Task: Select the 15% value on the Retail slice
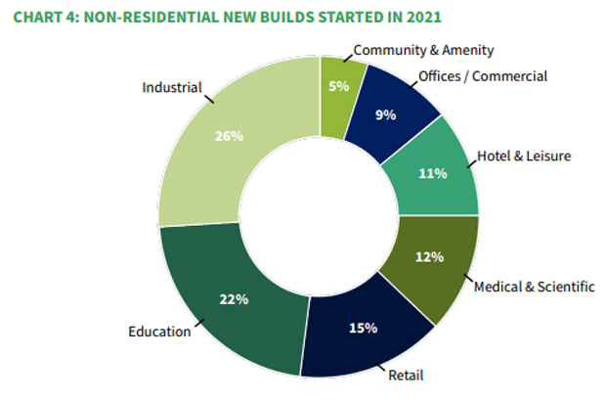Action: click(x=363, y=328)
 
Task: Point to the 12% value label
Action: click(x=430, y=257)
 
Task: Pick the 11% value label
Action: click(x=432, y=173)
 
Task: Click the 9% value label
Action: click(x=385, y=114)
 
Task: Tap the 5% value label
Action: click(x=338, y=85)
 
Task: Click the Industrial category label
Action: click(x=171, y=87)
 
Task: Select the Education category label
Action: click(x=159, y=332)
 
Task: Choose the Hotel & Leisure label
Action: click(x=523, y=155)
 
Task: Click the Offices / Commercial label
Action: click(x=482, y=75)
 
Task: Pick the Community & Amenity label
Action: click(x=423, y=49)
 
